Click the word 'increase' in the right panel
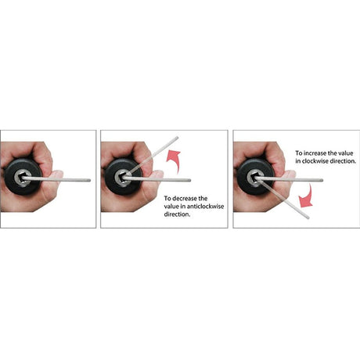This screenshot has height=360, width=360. click(315, 153)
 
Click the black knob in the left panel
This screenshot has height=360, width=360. click(23, 177)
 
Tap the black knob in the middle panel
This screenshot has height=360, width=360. click(124, 177)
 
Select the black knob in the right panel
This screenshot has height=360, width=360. click(256, 177)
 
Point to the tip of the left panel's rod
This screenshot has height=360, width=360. click(89, 180)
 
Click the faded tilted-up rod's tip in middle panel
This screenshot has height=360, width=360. click(177, 138)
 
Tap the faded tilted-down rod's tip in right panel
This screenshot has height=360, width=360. click(308, 218)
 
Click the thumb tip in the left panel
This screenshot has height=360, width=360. click(59, 173)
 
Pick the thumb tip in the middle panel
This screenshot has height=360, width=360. click(160, 173)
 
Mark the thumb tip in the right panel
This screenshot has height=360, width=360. click(292, 173)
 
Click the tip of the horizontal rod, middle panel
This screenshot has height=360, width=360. click(190, 180)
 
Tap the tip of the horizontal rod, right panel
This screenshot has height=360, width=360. click(322, 180)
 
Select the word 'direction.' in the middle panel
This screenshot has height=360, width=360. click(177, 214)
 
